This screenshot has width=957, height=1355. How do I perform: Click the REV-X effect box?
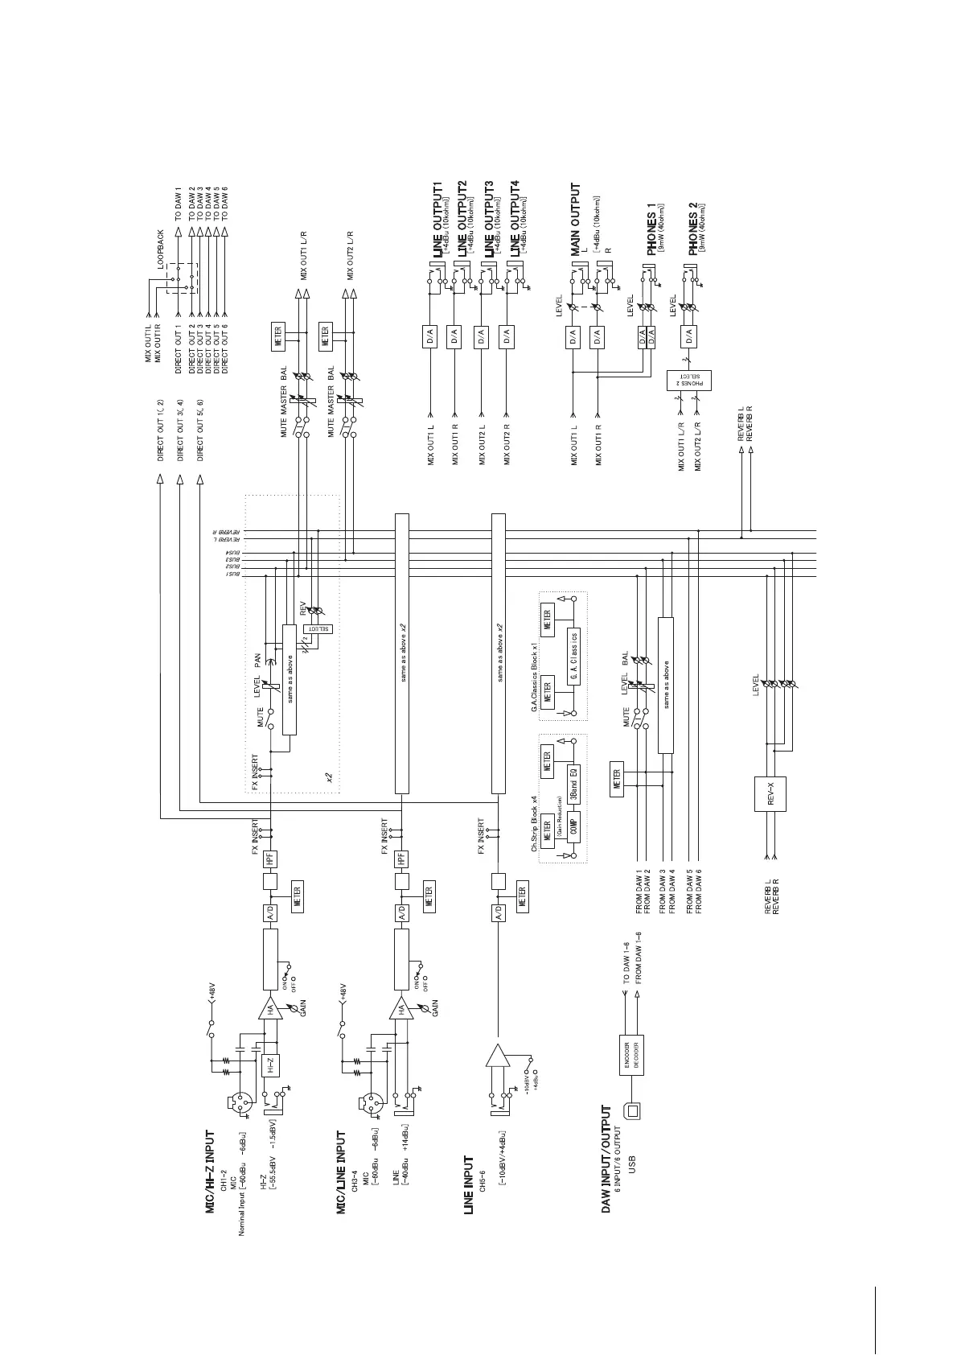(x=770, y=795)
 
